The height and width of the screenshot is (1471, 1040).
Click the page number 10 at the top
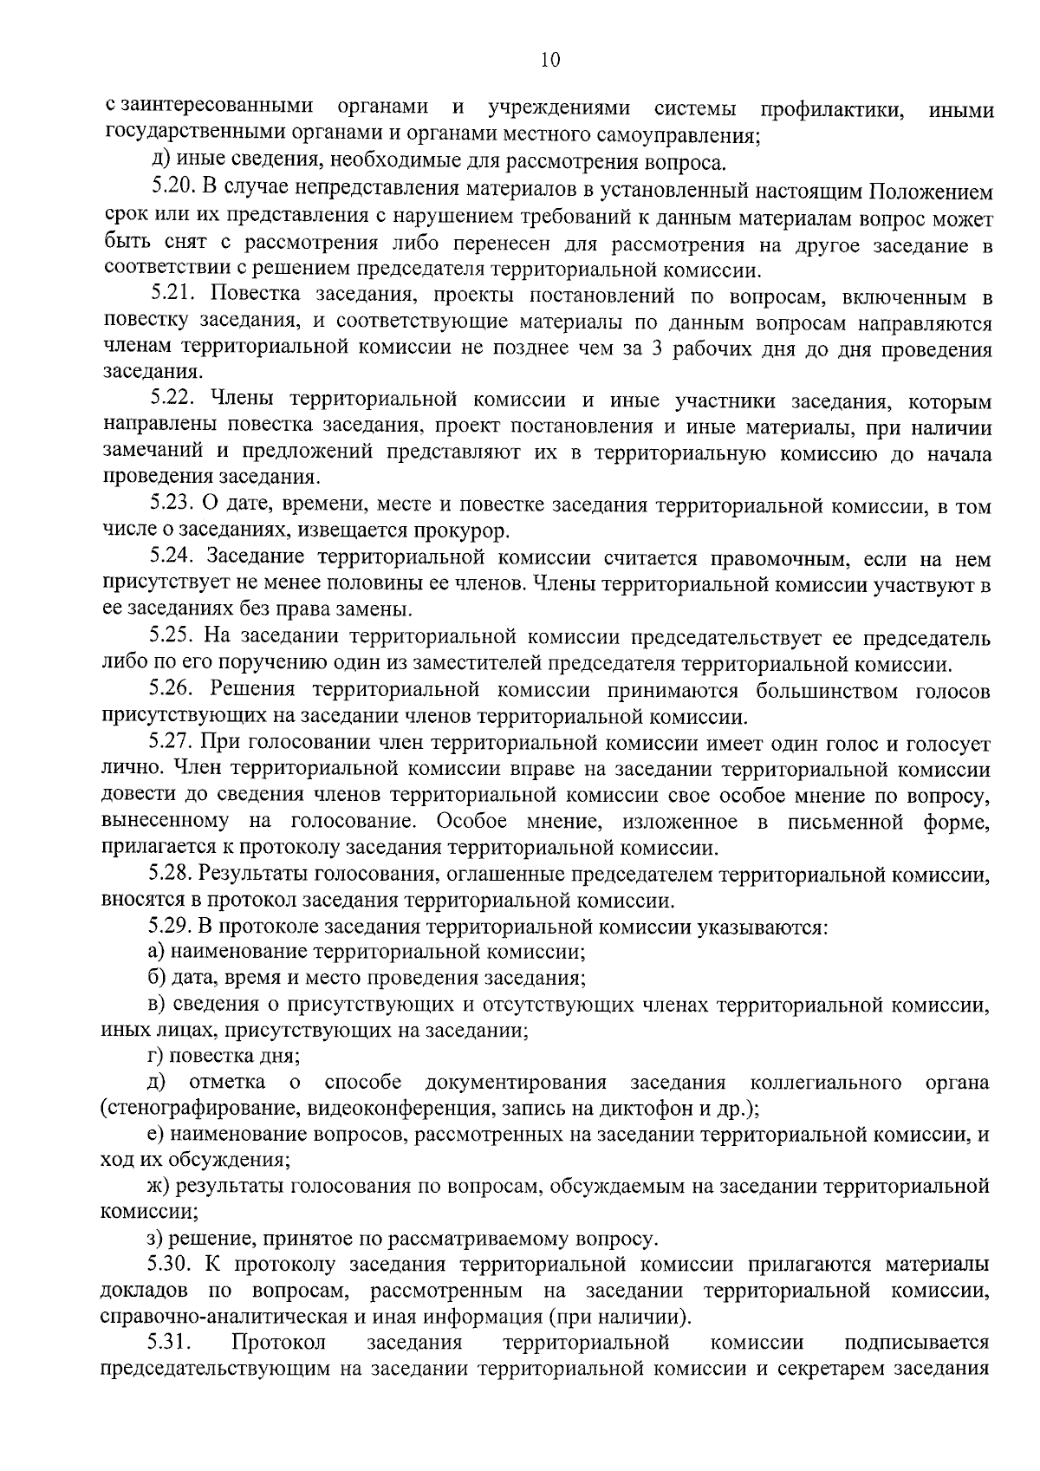pos(549,59)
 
